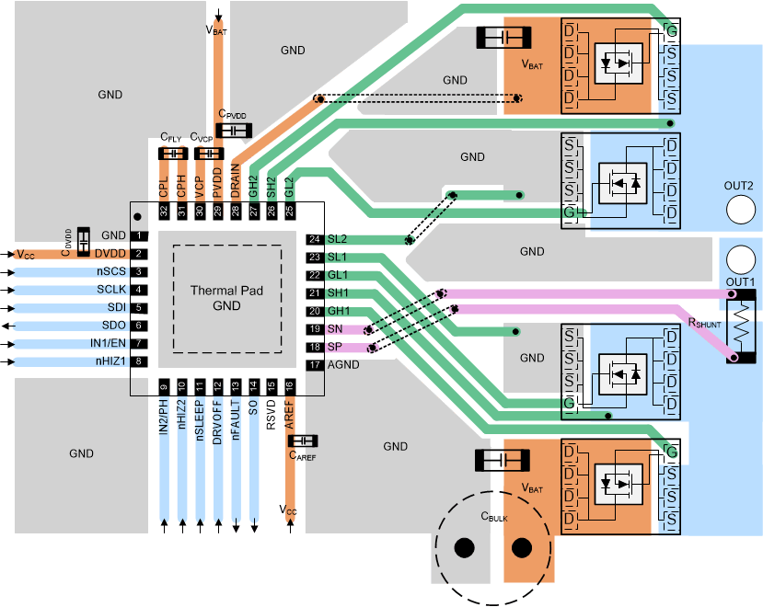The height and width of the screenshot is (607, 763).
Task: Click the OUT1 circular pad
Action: [738, 259]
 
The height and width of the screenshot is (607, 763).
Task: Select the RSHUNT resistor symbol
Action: [740, 326]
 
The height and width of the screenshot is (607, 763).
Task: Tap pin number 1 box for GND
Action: [139, 236]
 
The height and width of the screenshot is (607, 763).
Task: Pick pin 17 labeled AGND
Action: [315, 365]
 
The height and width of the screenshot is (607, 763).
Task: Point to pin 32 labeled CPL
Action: [164, 211]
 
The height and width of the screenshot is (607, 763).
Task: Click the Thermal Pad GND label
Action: [227, 298]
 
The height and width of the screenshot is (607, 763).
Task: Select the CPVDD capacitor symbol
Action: [234, 131]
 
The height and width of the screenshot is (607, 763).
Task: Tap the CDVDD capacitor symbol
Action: [84, 241]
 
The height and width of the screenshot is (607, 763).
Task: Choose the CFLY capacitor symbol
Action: [172, 153]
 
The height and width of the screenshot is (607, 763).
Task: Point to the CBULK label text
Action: [493, 516]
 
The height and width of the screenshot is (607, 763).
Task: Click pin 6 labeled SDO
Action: [139, 326]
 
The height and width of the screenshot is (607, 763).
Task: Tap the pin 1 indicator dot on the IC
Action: [138, 216]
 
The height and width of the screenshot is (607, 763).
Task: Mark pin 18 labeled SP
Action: [315, 347]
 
